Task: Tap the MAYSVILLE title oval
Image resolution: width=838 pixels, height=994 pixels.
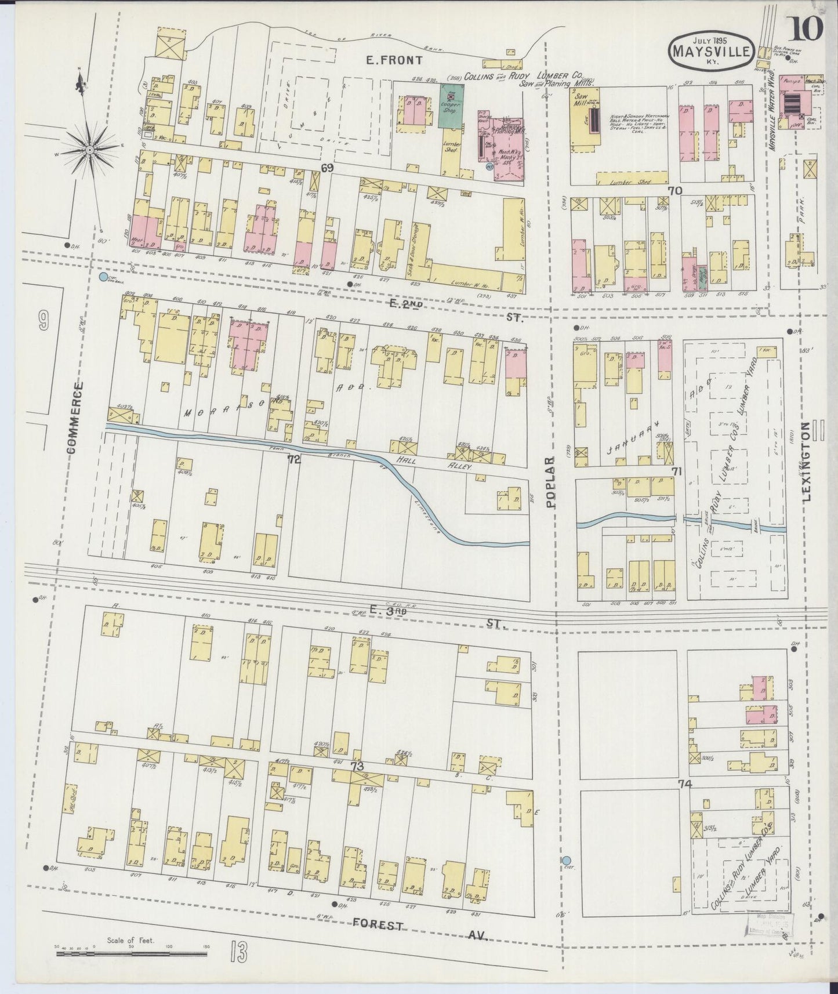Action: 712,52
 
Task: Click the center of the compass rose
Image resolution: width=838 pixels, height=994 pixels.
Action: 90,151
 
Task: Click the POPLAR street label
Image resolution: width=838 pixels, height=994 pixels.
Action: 550,481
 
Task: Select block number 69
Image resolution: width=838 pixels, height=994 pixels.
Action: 328,168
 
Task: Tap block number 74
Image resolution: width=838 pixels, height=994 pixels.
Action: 685,785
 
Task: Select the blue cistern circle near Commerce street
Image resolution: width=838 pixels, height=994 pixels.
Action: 103,277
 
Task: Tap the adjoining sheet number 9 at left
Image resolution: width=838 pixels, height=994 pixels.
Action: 43,322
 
